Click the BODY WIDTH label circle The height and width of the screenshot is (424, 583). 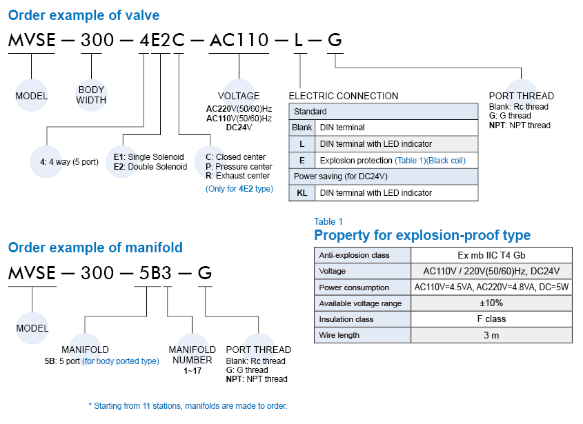point(91,95)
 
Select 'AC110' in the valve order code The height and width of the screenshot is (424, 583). point(239,41)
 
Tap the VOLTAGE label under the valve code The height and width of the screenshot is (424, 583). point(239,96)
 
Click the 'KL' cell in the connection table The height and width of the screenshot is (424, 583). point(302,193)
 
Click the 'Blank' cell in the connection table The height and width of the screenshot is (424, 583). point(302,128)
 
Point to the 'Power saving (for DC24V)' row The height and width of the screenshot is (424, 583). point(384,176)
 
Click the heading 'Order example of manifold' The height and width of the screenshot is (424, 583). point(95,248)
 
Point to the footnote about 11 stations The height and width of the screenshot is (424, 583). point(188,406)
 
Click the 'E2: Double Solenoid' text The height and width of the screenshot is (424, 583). point(150,167)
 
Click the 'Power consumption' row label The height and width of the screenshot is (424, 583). point(354,287)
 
